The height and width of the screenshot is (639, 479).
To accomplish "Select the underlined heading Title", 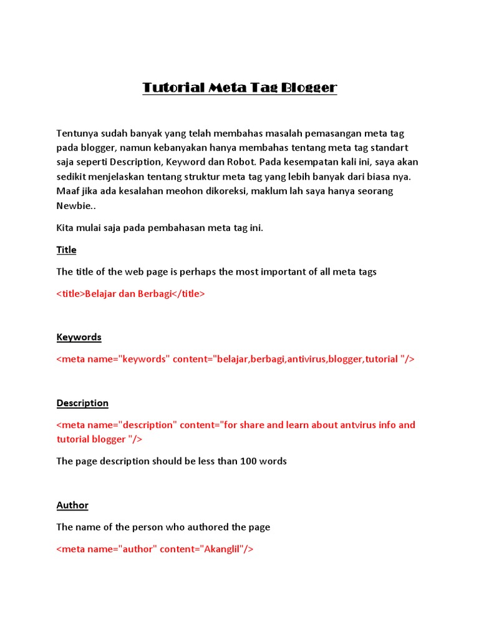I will click(x=67, y=250).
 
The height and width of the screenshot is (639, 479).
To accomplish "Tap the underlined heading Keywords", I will click(x=79, y=337).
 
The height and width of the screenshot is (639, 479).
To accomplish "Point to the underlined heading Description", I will click(x=82, y=403).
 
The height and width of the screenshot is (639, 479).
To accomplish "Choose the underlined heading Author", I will click(x=72, y=505).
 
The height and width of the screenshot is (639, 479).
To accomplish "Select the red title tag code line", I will click(x=130, y=294).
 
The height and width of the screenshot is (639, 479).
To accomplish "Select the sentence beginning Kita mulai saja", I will click(x=160, y=228).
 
